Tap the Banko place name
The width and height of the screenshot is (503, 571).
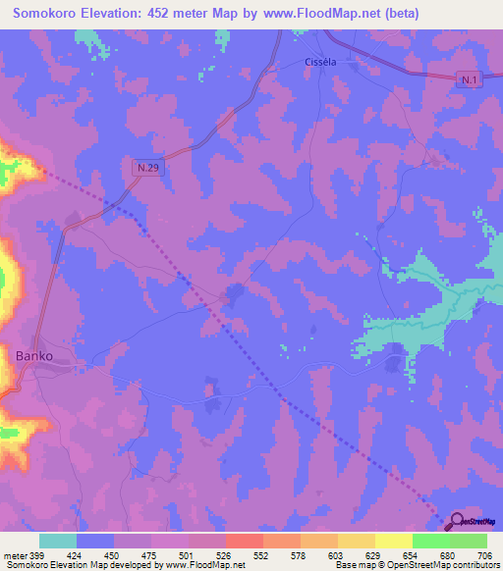click(33, 355)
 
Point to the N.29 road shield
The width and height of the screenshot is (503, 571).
click(146, 168)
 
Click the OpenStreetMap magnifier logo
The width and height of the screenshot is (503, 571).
click(458, 522)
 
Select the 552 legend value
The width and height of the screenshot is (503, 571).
click(261, 556)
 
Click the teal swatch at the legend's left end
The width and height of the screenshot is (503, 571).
click(58, 541)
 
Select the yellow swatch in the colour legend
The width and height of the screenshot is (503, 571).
click(394, 541)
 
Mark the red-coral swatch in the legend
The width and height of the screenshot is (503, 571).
click(245, 541)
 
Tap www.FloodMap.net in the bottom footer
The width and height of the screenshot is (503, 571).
click(204, 566)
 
